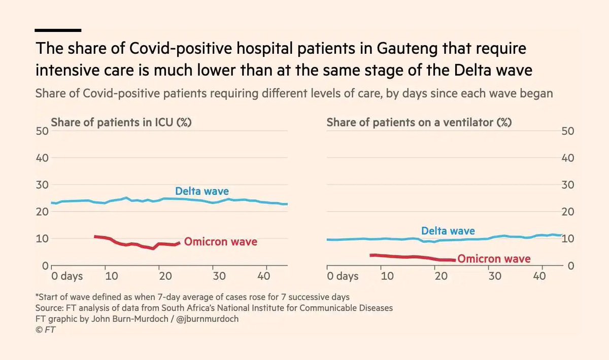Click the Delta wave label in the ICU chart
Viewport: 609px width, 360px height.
pos(201,191)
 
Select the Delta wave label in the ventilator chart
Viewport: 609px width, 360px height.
pos(448,232)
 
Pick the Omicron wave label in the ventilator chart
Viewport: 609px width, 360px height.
pos(494,259)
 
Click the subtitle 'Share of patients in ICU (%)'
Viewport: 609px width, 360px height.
pos(121,123)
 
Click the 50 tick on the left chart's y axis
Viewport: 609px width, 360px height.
pos(42,130)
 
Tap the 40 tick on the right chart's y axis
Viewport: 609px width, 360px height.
pos(567,158)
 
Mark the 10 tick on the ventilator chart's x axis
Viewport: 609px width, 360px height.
pos(386,276)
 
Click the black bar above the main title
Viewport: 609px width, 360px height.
pos(58,30)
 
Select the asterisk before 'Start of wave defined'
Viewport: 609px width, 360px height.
pos(37,297)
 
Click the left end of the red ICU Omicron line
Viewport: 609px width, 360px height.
pos(95,237)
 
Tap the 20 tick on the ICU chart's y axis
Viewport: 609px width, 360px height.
pos(42,212)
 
